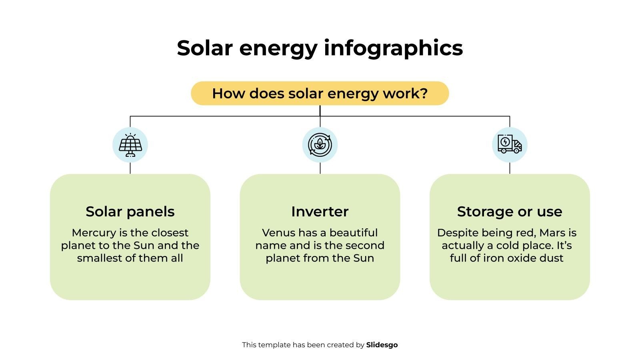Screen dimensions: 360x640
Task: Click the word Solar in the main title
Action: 204,48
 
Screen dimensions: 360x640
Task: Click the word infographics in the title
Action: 393,49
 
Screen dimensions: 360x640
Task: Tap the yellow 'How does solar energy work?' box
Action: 320,93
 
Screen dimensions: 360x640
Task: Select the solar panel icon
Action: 130,145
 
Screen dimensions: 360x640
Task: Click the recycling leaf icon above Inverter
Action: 320,145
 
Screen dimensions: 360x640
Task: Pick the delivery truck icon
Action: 510,145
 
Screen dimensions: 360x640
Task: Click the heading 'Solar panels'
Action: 130,212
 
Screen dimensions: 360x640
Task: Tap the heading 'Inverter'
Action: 320,212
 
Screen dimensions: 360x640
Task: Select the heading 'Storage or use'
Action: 510,212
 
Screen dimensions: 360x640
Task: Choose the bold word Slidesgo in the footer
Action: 382,345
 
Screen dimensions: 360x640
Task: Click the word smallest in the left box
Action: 100,258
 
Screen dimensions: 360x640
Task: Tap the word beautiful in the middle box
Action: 354,233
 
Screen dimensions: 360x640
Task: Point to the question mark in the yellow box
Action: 424,93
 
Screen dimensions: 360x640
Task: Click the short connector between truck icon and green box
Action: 510,168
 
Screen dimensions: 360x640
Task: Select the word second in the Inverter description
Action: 365,245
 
